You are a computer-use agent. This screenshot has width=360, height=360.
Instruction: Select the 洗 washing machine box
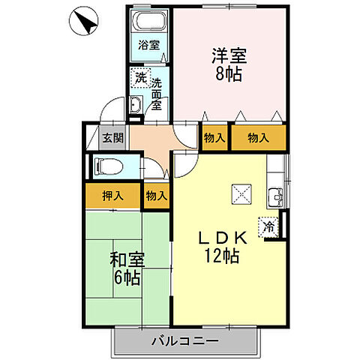(x=140, y=76)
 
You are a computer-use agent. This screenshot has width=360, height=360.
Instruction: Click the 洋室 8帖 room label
(x=229, y=64)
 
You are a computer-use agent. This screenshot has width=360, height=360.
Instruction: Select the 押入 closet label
(x=114, y=196)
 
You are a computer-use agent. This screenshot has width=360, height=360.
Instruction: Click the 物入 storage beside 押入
(x=156, y=196)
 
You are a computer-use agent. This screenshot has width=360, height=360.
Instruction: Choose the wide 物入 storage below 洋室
(x=258, y=137)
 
